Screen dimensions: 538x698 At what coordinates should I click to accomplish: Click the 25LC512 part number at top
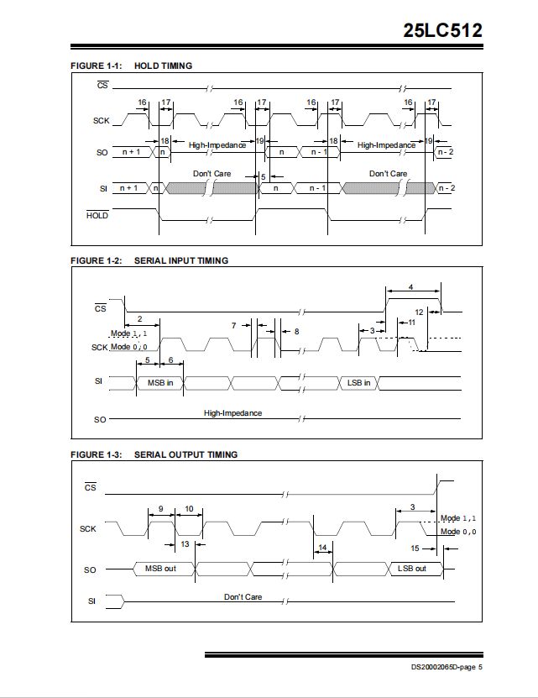pyautogui.click(x=442, y=30)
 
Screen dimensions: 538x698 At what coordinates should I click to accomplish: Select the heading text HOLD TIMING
pyautogui.click(x=164, y=66)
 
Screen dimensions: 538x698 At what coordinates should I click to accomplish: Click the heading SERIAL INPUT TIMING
pyautogui.click(x=181, y=261)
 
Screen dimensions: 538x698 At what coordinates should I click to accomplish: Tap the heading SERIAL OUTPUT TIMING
pyautogui.click(x=186, y=455)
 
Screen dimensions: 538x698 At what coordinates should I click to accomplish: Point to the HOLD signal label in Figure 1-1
pyautogui.click(x=97, y=216)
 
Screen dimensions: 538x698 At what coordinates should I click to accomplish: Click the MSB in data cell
pyautogui.click(x=160, y=383)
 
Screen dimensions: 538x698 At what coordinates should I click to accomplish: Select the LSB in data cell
pyautogui.click(x=358, y=383)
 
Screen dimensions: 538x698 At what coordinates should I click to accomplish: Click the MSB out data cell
pyautogui.click(x=160, y=569)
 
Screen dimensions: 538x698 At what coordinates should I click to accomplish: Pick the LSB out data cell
pyautogui.click(x=412, y=569)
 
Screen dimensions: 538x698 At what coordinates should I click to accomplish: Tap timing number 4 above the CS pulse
pyautogui.click(x=410, y=287)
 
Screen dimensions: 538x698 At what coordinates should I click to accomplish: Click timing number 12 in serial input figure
pyautogui.click(x=419, y=312)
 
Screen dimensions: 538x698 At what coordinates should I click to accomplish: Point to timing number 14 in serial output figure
pyautogui.click(x=322, y=547)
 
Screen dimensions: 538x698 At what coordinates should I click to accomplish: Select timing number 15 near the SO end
pyautogui.click(x=415, y=548)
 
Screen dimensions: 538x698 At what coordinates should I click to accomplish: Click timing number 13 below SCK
pyautogui.click(x=185, y=544)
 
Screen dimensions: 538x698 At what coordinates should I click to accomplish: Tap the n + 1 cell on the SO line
pyautogui.click(x=131, y=152)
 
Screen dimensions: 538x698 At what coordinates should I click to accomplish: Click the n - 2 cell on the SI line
pyautogui.click(x=447, y=188)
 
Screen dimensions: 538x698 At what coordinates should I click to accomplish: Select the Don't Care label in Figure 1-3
pyautogui.click(x=243, y=597)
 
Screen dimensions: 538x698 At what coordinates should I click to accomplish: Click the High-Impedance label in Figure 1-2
pyautogui.click(x=232, y=413)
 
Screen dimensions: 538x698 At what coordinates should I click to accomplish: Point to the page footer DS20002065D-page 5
pyautogui.click(x=447, y=667)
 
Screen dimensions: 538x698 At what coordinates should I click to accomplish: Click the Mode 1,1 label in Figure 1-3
pyautogui.click(x=458, y=518)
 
